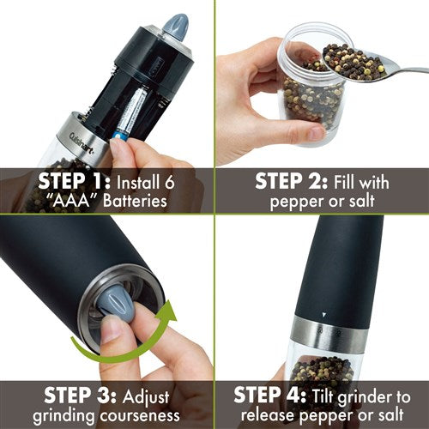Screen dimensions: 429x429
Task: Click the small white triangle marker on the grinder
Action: point(322,315)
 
